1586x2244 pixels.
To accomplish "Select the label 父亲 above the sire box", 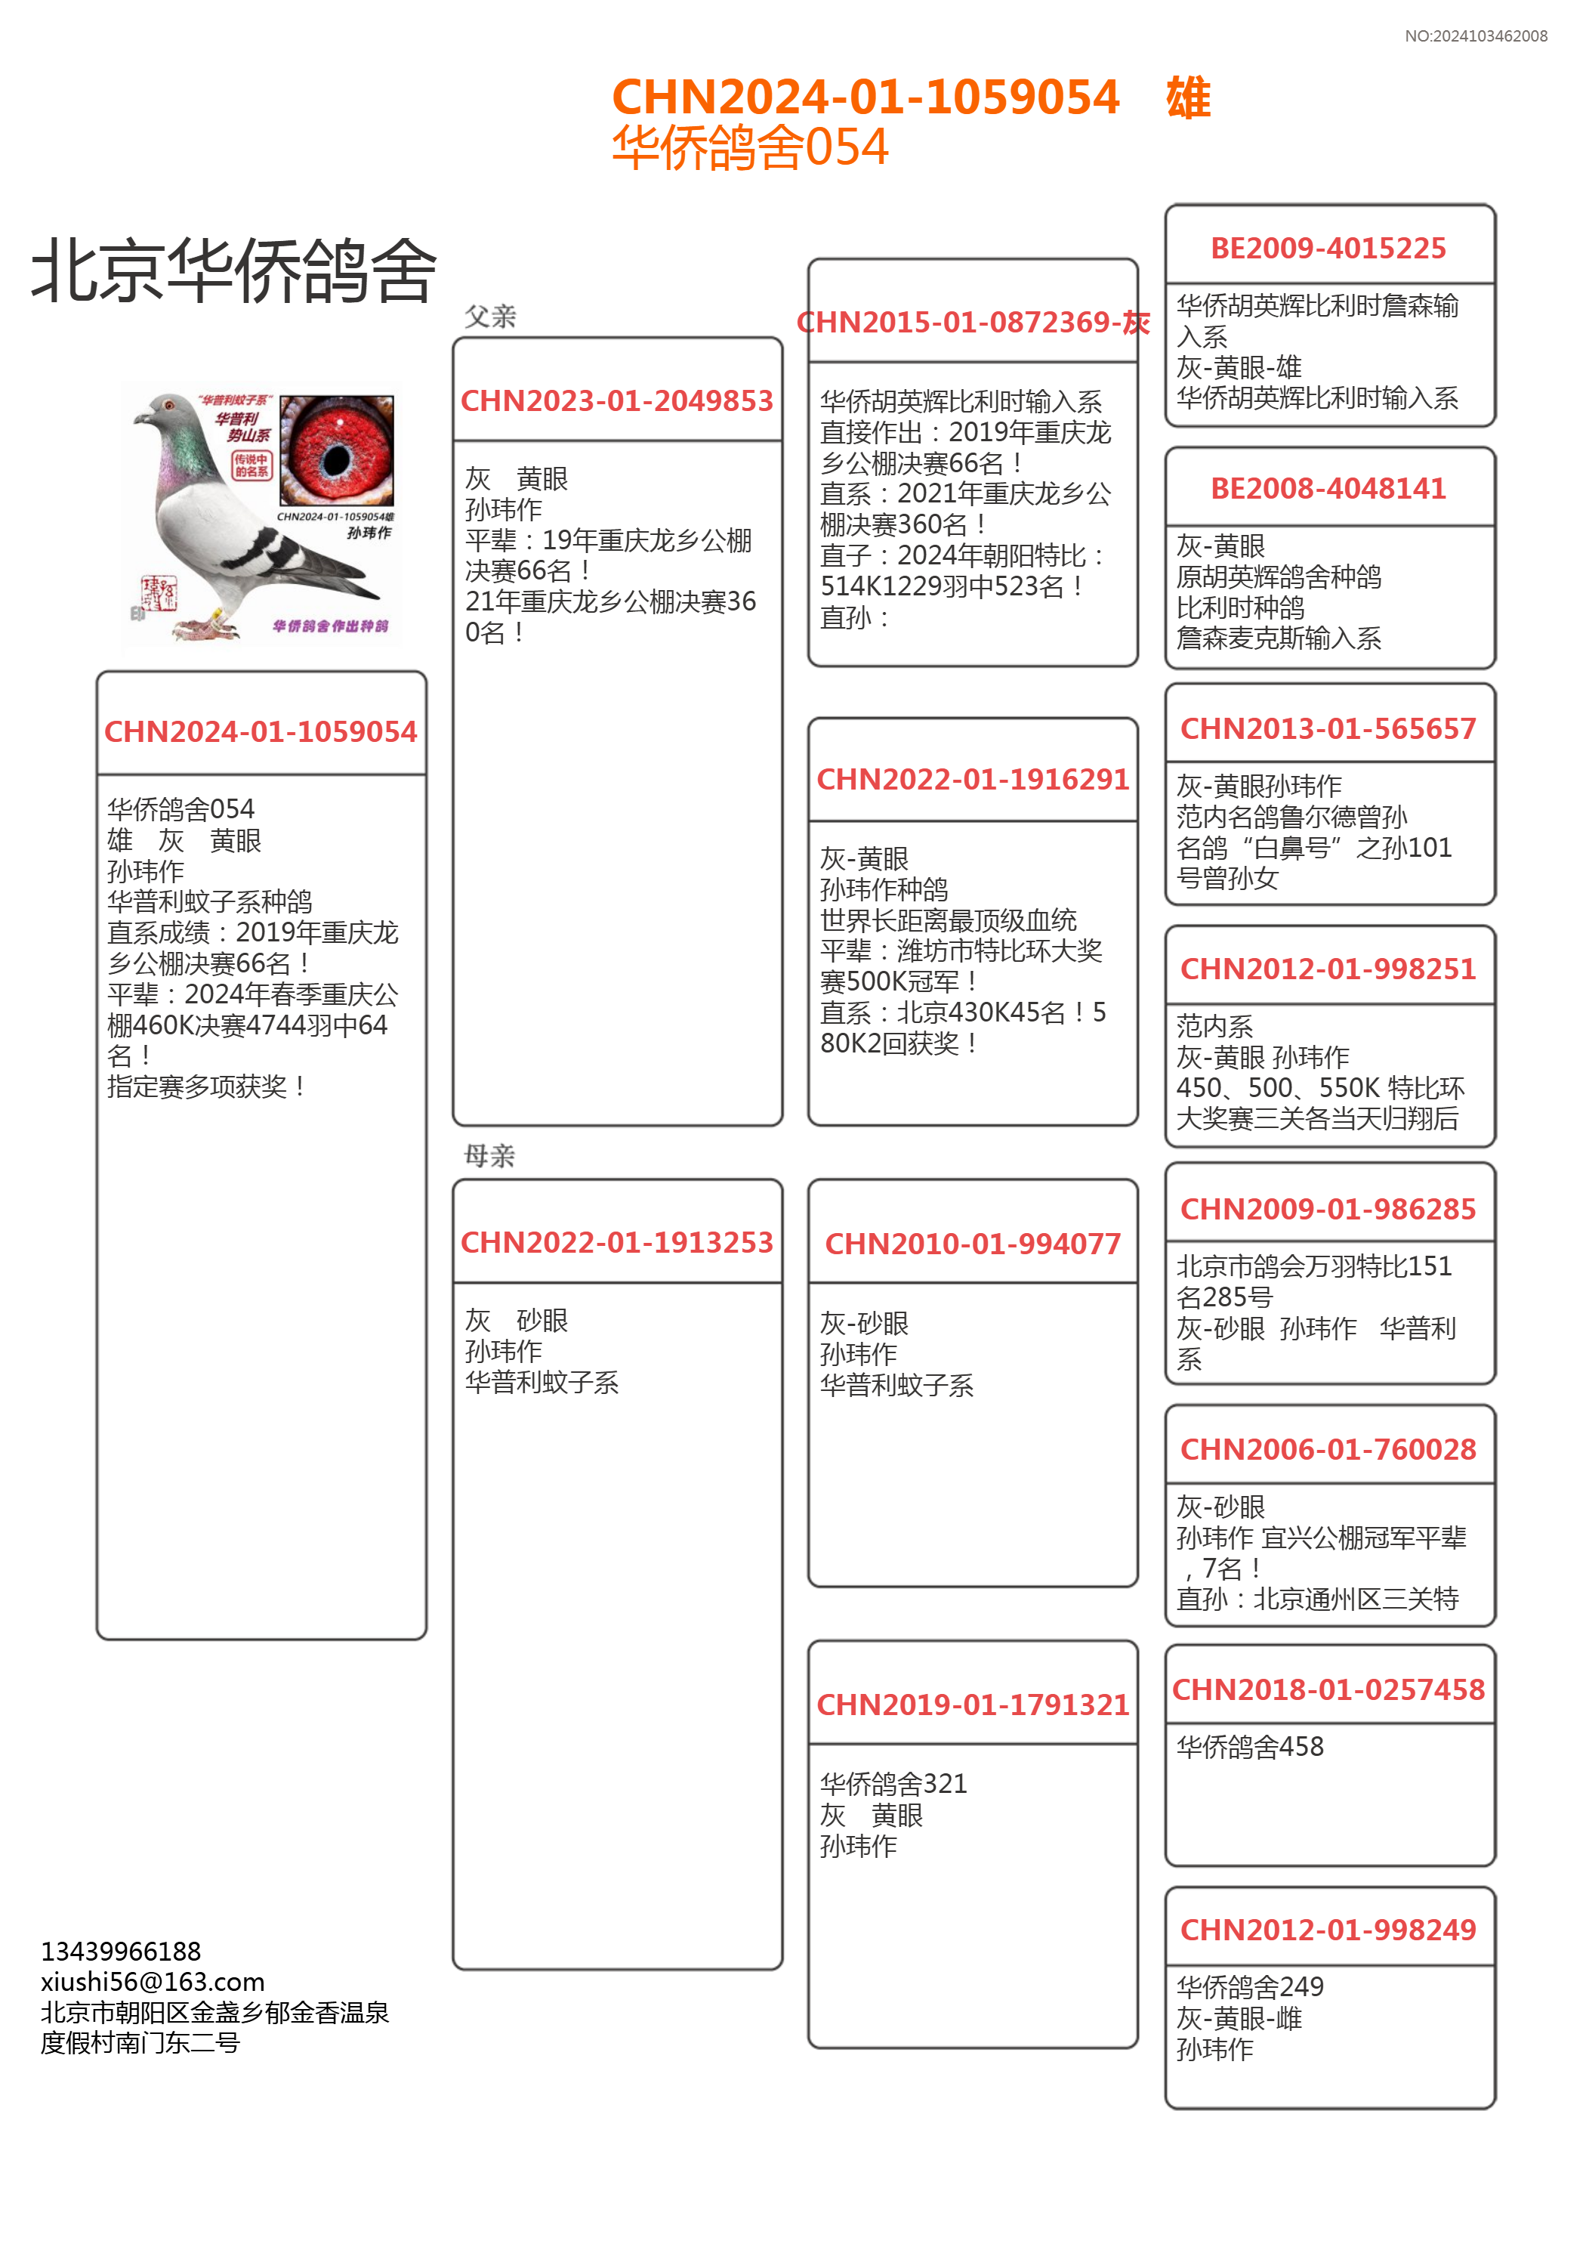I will (x=489, y=317).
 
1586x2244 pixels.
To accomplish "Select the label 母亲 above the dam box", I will (x=489, y=1156).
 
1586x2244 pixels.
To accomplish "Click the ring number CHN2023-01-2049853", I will (x=616, y=400).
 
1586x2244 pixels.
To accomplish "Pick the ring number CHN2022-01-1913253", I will (x=616, y=1242).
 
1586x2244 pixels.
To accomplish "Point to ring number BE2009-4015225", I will (x=1328, y=249).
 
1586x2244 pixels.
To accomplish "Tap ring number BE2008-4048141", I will (x=1328, y=489).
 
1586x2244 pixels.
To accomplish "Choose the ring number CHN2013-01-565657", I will (x=1328, y=729).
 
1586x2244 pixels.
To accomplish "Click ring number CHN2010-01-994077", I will (x=972, y=1244).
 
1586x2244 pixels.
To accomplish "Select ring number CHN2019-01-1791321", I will (x=972, y=1705).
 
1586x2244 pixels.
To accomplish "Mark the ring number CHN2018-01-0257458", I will (x=1328, y=1690).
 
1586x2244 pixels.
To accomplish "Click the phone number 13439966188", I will (x=121, y=1952).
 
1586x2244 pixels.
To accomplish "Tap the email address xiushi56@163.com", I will (x=153, y=1982).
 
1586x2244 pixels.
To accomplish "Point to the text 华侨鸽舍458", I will (x=1250, y=1748).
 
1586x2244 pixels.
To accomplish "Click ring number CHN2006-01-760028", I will (x=1328, y=1449).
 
